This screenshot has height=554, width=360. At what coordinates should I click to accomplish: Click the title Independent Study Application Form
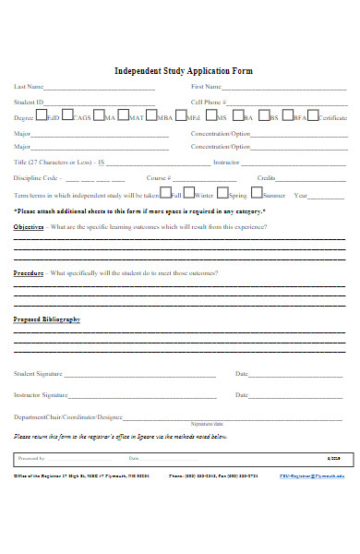click(x=183, y=71)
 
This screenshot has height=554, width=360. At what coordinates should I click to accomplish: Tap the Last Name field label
click(x=29, y=86)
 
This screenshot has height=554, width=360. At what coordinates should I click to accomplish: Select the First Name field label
click(x=206, y=86)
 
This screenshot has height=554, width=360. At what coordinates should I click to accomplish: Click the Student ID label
click(x=29, y=102)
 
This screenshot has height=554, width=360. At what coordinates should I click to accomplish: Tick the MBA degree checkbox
click(x=150, y=116)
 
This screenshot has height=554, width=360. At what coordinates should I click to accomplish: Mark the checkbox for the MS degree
click(x=210, y=116)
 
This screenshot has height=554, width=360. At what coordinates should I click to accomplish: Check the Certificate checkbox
click(x=312, y=116)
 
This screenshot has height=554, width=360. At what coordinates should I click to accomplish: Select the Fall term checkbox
click(x=164, y=193)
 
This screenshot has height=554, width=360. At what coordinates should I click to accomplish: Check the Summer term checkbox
click(x=256, y=193)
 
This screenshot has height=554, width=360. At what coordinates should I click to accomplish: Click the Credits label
click(x=266, y=177)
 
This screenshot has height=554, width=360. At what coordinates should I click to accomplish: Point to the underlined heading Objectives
click(x=29, y=226)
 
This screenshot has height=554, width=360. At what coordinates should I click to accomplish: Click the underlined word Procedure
click(x=29, y=273)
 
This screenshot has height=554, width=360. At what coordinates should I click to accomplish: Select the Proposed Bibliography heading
click(x=46, y=319)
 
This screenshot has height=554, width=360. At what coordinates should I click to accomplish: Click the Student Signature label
click(x=38, y=374)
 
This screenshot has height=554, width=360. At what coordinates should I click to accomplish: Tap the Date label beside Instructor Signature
click(x=242, y=395)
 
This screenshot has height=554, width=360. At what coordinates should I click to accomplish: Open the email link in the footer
click(x=314, y=477)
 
